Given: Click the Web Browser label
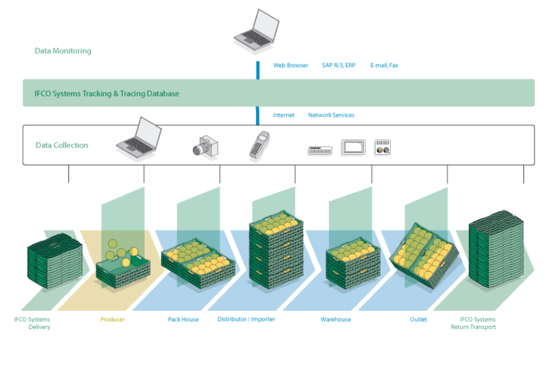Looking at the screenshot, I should tap(290, 65).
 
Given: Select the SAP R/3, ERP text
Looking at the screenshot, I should tap(339, 65).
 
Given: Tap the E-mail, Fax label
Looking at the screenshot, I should tap(384, 65).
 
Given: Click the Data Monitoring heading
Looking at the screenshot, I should tap(63, 51).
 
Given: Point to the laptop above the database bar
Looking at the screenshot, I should tap(257, 32).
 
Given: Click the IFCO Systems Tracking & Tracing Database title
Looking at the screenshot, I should tap(107, 94).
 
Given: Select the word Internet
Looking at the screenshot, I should tap(284, 115).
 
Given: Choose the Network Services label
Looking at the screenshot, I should tap(331, 115).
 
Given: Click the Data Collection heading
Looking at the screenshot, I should tap(62, 145).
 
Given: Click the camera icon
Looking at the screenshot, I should tap(205, 147).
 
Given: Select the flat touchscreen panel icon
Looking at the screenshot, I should tap(353, 147).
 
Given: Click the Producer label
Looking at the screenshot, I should tap(112, 320).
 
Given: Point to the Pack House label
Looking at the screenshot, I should tap(183, 320).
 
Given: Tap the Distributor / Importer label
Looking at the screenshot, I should tap(246, 319).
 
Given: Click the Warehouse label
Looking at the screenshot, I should tap(336, 320).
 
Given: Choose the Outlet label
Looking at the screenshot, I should tap(418, 320).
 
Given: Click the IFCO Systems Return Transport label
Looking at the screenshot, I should tap(473, 323).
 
